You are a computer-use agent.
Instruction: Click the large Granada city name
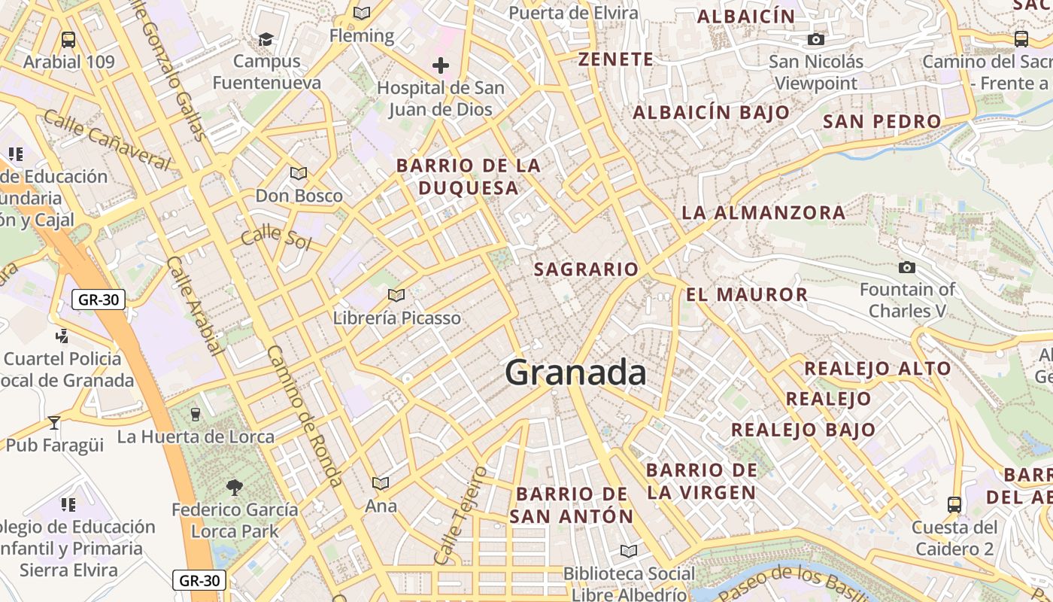click(575, 372)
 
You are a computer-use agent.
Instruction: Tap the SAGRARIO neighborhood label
click(586, 269)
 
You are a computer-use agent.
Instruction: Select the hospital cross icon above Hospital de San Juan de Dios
click(441, 65)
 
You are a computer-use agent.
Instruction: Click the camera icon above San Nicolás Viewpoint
click(816, 39)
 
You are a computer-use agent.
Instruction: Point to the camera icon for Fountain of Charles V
click(907, 267)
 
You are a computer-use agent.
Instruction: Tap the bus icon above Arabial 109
click(68, 39)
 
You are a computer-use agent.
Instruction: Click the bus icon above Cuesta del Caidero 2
click(954, 504)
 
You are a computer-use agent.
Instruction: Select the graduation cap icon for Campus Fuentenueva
click(266, 38)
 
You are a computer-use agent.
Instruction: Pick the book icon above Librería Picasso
click(396, 295)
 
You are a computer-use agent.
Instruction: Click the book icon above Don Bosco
click(299, 173)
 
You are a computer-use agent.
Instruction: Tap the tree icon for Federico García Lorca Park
click(235, 488)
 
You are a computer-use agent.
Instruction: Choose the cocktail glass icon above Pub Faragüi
click(54, 422)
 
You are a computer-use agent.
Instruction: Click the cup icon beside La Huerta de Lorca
click(196, 414)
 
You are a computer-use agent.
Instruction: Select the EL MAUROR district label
click(746, 294)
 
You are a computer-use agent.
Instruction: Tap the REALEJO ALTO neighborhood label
click(878, 369)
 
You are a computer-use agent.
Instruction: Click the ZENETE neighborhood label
click(615, 59)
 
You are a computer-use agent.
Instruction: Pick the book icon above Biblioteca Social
click(629, 551)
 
